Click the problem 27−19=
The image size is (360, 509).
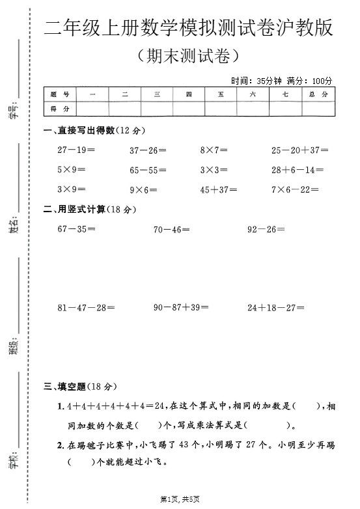pos(76,150)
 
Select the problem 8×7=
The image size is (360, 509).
pos(214,150)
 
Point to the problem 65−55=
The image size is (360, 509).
pos(148,171)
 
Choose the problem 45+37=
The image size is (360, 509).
pos(218,190)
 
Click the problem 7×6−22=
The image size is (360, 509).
pos(295,190)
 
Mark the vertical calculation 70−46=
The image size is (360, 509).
pos(172,229)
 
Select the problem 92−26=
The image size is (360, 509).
pos(266,229)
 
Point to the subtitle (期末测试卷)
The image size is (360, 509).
pos(186,56)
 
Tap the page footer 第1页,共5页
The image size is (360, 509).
pos(180,499)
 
